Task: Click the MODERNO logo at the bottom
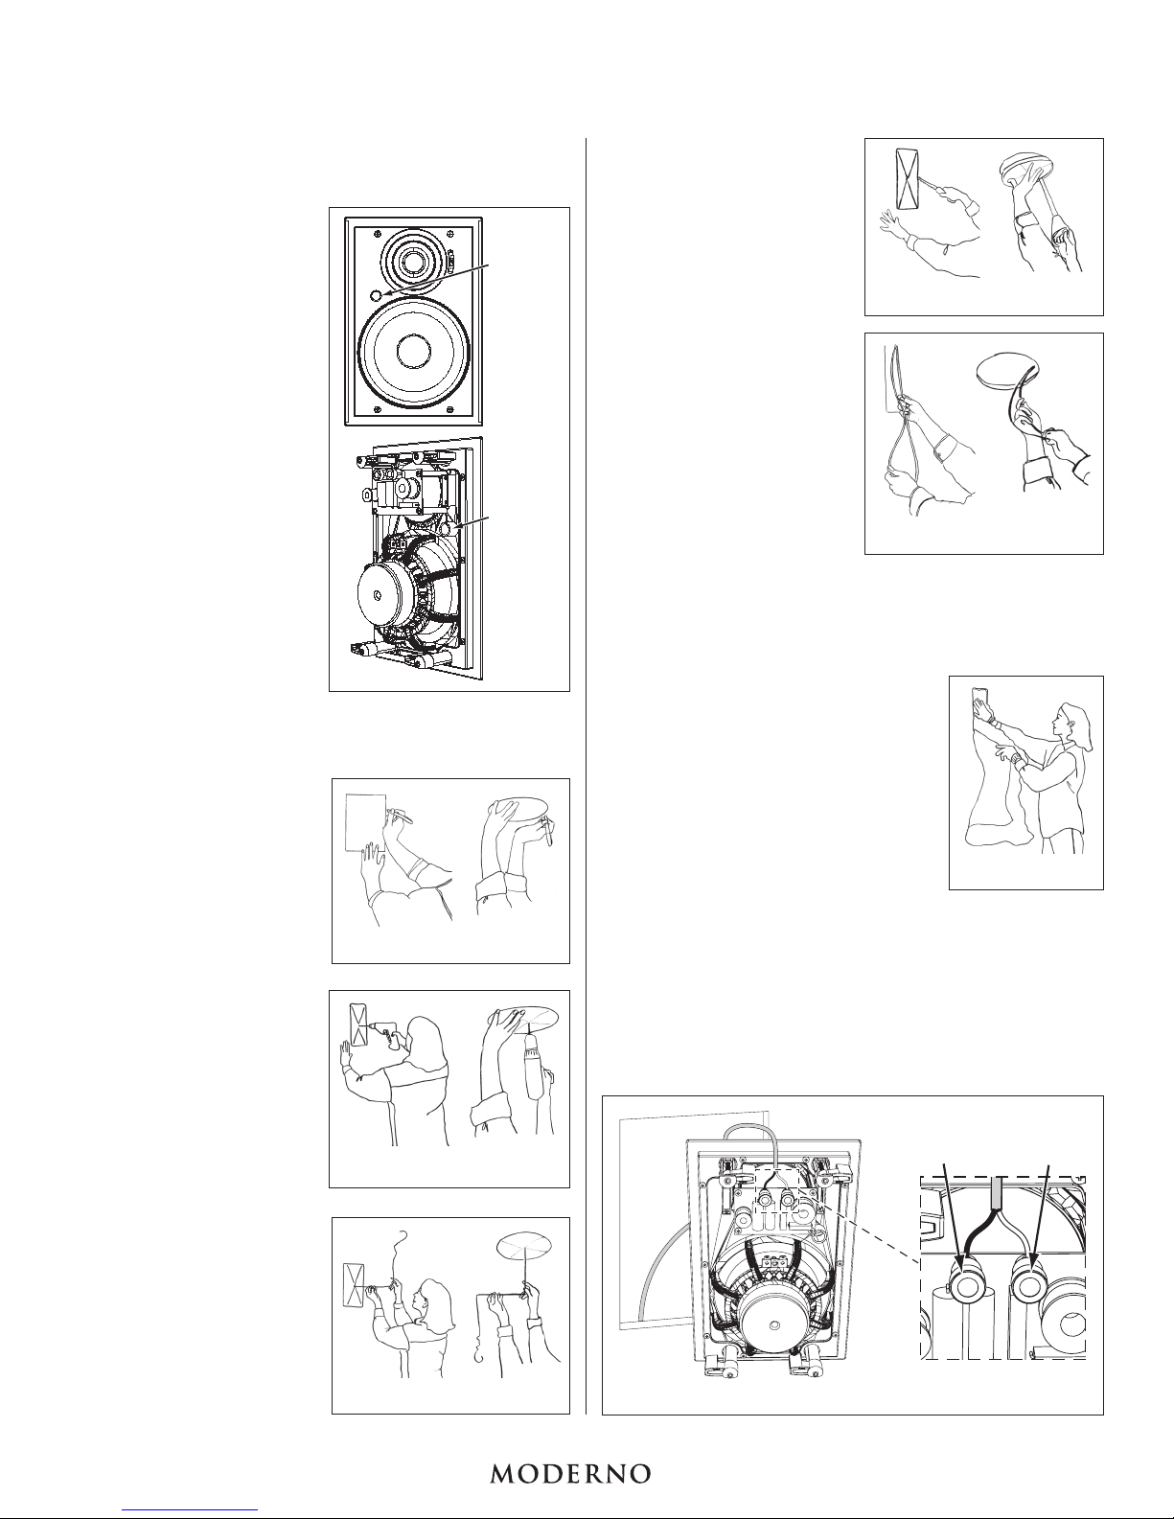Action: click(570, 1474)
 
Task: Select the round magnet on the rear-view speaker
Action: click(385, 593)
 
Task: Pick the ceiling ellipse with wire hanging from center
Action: click(524, 1247)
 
